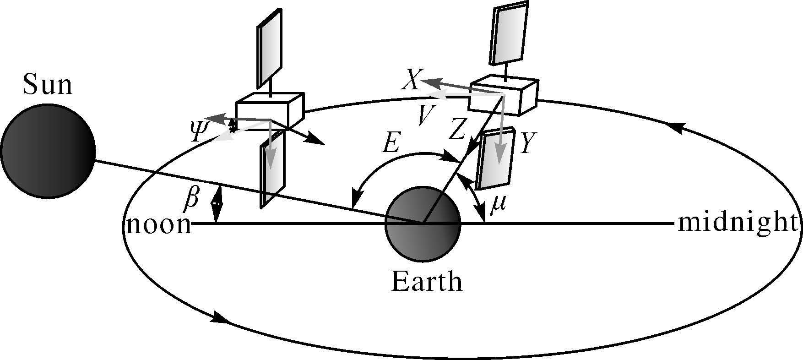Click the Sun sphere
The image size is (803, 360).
[x=48, y=151]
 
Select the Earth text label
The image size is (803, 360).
[x=426, y=281]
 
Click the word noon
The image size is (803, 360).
[x=158, y=225]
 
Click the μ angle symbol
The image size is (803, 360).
[x=497, y=203]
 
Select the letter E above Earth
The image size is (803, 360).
[x=391, y=144]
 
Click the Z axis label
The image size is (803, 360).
[x=457, y=130]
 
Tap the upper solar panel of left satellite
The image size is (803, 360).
[x=269, y=48]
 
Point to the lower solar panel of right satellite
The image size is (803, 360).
[x=494, y=158]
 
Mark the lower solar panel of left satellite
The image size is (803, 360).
[x=272, y=169]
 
